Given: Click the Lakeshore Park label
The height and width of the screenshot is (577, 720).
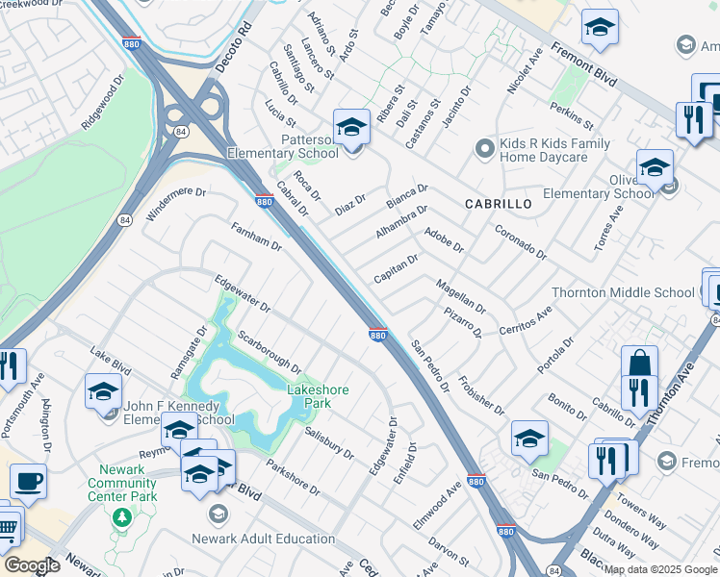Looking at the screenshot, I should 318,396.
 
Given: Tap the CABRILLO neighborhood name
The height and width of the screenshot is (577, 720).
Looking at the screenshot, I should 498,204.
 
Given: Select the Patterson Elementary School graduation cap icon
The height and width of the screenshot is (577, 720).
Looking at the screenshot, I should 351,127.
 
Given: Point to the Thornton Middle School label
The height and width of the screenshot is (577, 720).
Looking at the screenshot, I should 622,292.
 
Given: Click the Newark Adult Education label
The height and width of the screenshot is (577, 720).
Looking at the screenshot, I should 264,539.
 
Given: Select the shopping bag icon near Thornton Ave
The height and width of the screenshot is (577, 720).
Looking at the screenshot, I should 639,364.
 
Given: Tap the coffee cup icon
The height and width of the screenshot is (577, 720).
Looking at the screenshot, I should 28,481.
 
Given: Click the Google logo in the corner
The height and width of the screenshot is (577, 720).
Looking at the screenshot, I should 31,566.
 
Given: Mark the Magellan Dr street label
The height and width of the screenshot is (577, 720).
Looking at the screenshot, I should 460,296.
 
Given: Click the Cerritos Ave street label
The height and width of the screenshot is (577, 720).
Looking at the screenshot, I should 525,319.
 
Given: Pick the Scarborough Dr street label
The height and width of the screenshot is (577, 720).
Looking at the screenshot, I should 270,353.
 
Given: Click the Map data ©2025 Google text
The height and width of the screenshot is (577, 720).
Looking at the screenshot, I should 660,569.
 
